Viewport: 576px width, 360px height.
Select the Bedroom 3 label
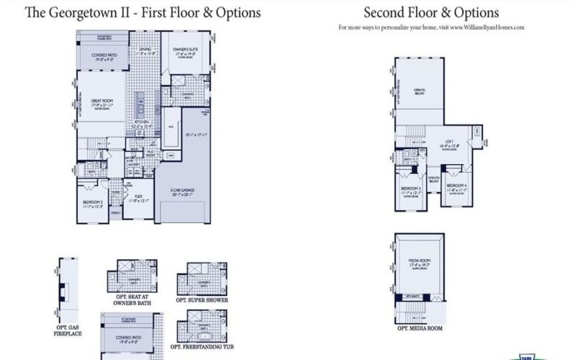click(410, 190)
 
